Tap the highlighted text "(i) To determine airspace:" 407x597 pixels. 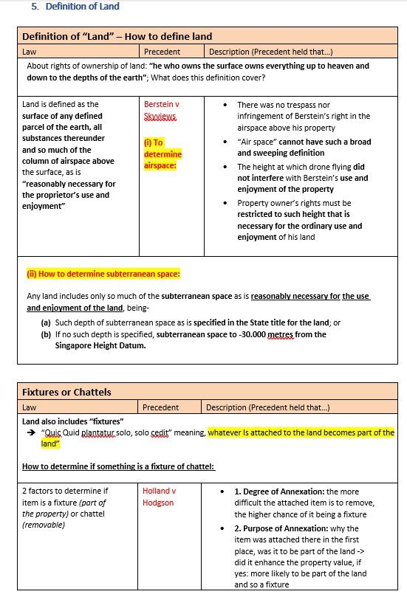pyautogui.click(x=163, y=153)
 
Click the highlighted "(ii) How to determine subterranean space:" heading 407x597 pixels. pyautogui.click(x=103, y=274)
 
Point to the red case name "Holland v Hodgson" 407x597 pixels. pyautogui.click(x=159, y=497)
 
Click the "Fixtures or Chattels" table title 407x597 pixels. pyautogui.click(x=66, y=391)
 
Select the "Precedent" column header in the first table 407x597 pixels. pyautogui.click(x=162, y=52)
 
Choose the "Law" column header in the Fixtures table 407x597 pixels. pyautogui.click(x=30, y=407)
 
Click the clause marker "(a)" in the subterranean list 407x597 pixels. pyautogui.click(x=46, y=322)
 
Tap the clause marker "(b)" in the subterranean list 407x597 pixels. pyautogui.click(x=46, y=334)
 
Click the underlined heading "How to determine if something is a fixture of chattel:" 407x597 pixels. pyautogui.click(x=118, y=466)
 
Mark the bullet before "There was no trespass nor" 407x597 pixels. pyautogui.click(x=225, y=106)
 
